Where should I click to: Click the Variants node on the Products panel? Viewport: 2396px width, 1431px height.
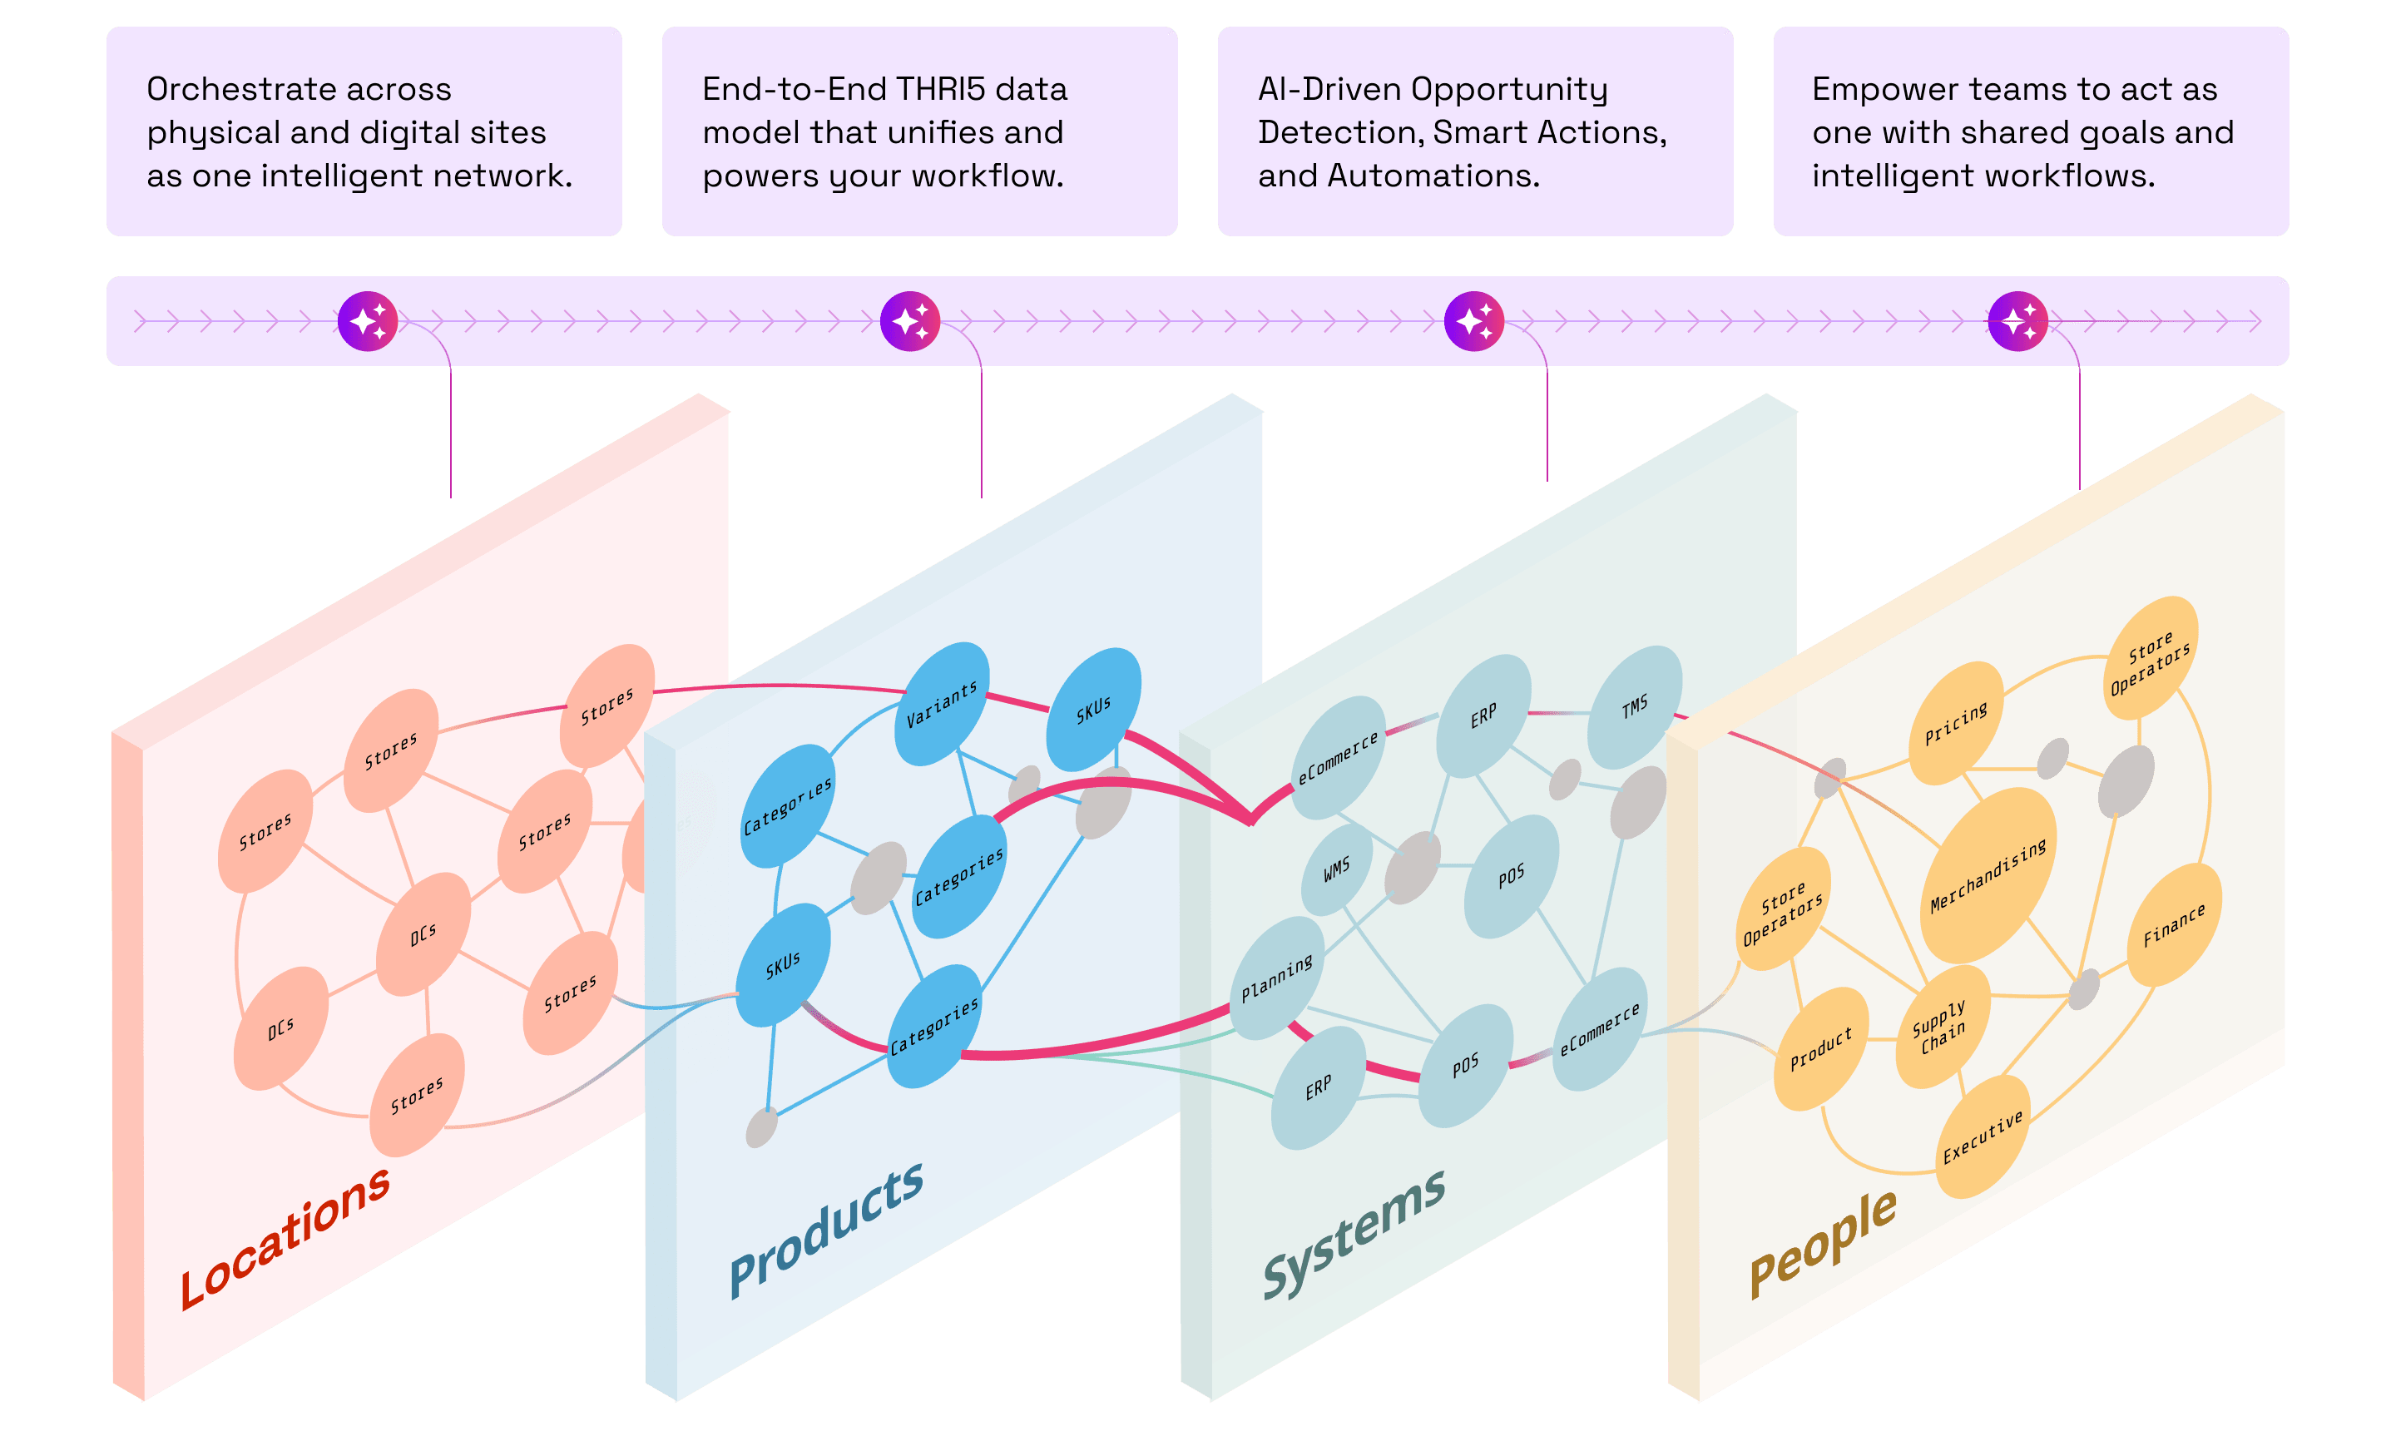pyautogui.click(x=941, y=704)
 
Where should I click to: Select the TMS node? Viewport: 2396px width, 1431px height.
pyautogui.click(x=1636, y=708)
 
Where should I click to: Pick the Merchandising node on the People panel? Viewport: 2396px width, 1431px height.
pyautogui.click(x=1988, y=875)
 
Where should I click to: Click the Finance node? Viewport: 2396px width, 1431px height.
pyautogui.click(x=2174, y=925)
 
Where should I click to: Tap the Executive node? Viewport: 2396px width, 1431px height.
pyautogui.click(x=1983, y=1138)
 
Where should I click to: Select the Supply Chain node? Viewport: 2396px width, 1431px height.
pyautogui.click(x=1942, y=1027)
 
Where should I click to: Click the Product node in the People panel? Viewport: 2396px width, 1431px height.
pyautogui.click(x=1821, y=1048)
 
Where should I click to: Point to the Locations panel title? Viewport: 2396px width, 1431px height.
pyautogui.click(x=285, y=1238)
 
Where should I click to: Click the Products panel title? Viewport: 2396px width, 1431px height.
pyautogui.click(x=826, y=1230)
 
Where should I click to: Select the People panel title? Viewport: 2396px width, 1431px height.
pyautogui.click(x=1822, y=1244)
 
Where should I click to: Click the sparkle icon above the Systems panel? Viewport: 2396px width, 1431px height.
pyautogui.click(x=1473, y=321)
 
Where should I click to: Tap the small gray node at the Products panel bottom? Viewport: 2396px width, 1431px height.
pyautogui.click(x=762, y=1127)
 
